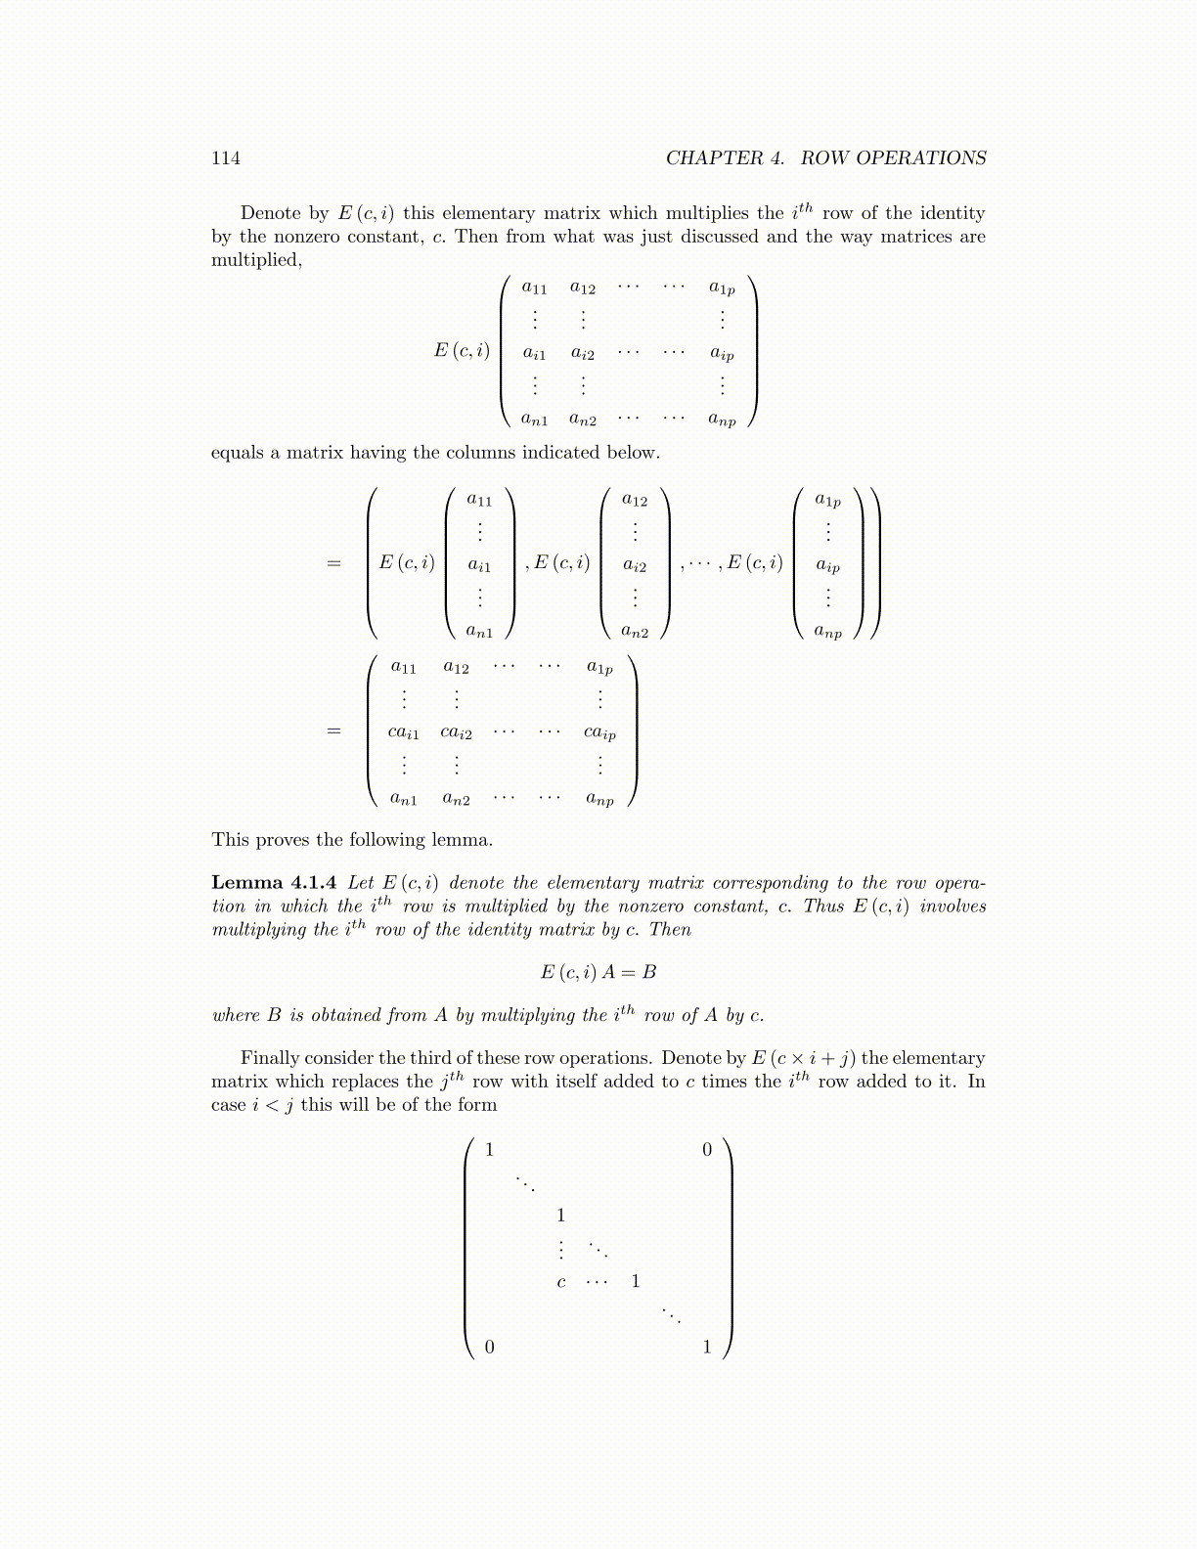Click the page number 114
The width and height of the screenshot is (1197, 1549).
click(226, 158)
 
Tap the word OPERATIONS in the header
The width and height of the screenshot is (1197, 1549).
click(927, 158)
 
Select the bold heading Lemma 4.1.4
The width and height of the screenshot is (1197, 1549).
click(274, 883)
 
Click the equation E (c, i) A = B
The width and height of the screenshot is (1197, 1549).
click(598, 972)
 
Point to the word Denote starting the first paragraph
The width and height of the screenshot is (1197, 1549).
click(271, 213)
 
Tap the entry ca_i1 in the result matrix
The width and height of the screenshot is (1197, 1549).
click(404, 732)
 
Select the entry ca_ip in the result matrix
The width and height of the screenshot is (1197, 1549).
click(599, 732)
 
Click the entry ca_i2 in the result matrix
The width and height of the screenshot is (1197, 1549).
click(456, 732)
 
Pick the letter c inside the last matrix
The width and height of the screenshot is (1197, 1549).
click(560, 1282)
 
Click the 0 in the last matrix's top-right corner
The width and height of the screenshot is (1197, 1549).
click(707, 1150)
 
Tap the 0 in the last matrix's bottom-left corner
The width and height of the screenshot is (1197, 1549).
click(490, 1348)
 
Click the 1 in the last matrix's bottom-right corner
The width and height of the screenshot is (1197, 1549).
click(707, 1348)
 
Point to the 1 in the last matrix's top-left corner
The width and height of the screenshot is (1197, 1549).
click(490, 1150)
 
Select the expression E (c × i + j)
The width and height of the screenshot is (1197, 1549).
click(803, 1058)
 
